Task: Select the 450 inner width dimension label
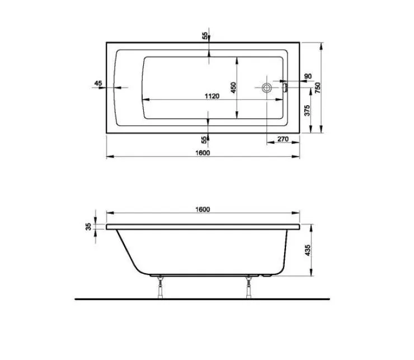point(234,87)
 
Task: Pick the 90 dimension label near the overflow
point(307,76)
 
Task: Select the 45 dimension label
point(98,83)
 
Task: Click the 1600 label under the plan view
point(203,153)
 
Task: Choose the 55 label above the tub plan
point(205,36)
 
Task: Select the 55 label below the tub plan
point(205,138)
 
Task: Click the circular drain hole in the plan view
point(267,87)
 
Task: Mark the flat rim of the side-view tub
point(203,227)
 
